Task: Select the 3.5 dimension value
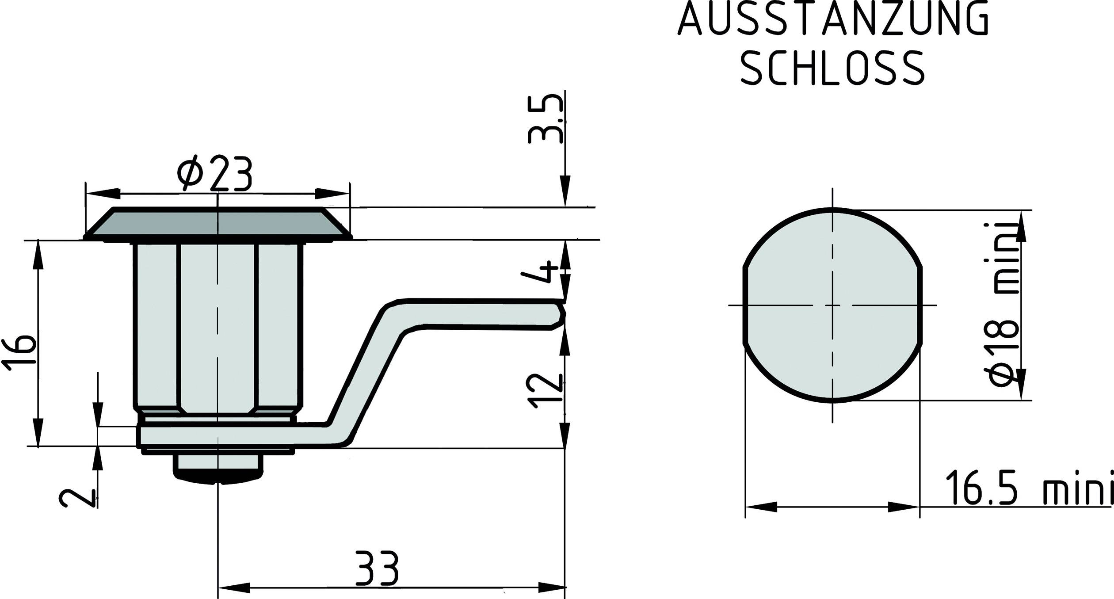[x=546, y=118]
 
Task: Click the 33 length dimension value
[x=377, y=568]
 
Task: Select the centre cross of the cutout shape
[x=833, y=305]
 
